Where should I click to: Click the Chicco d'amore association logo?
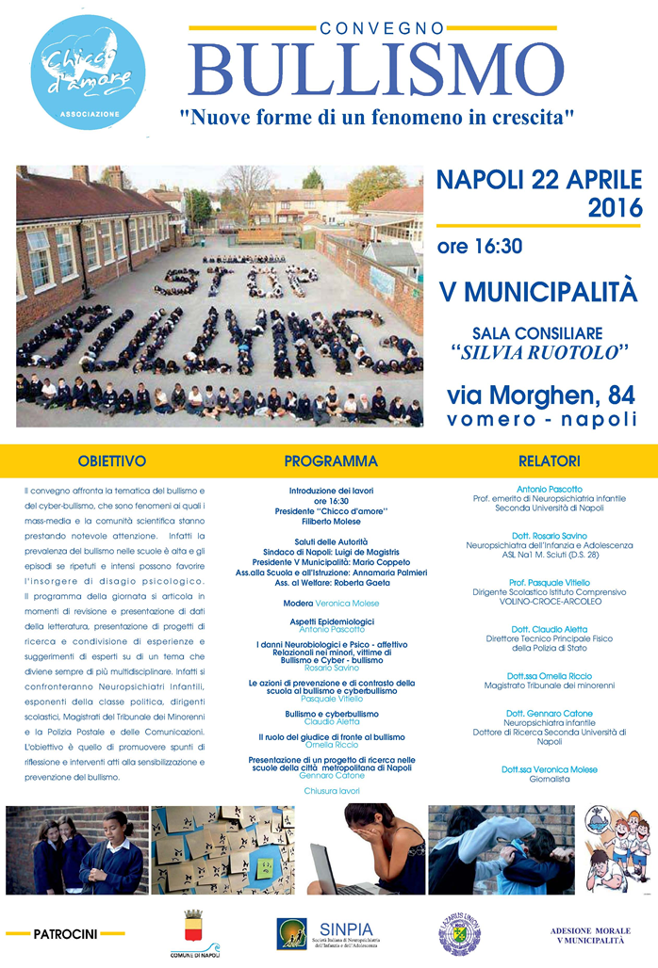(89, 73)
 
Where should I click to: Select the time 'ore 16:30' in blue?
(479, 247)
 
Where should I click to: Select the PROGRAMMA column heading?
(331, 461)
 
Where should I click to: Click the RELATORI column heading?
(550, 461)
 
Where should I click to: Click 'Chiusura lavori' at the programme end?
(331, 791)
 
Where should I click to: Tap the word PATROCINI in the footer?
(65, 934)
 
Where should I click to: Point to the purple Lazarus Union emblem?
(459, 932)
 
